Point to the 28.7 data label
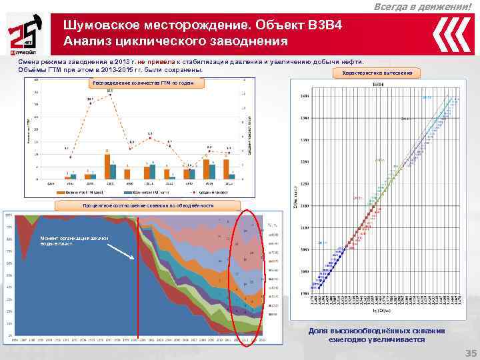(x=89, y=99)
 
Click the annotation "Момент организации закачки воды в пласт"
(x=72, y=241)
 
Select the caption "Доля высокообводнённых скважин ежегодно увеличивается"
(x=376, y=335)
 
